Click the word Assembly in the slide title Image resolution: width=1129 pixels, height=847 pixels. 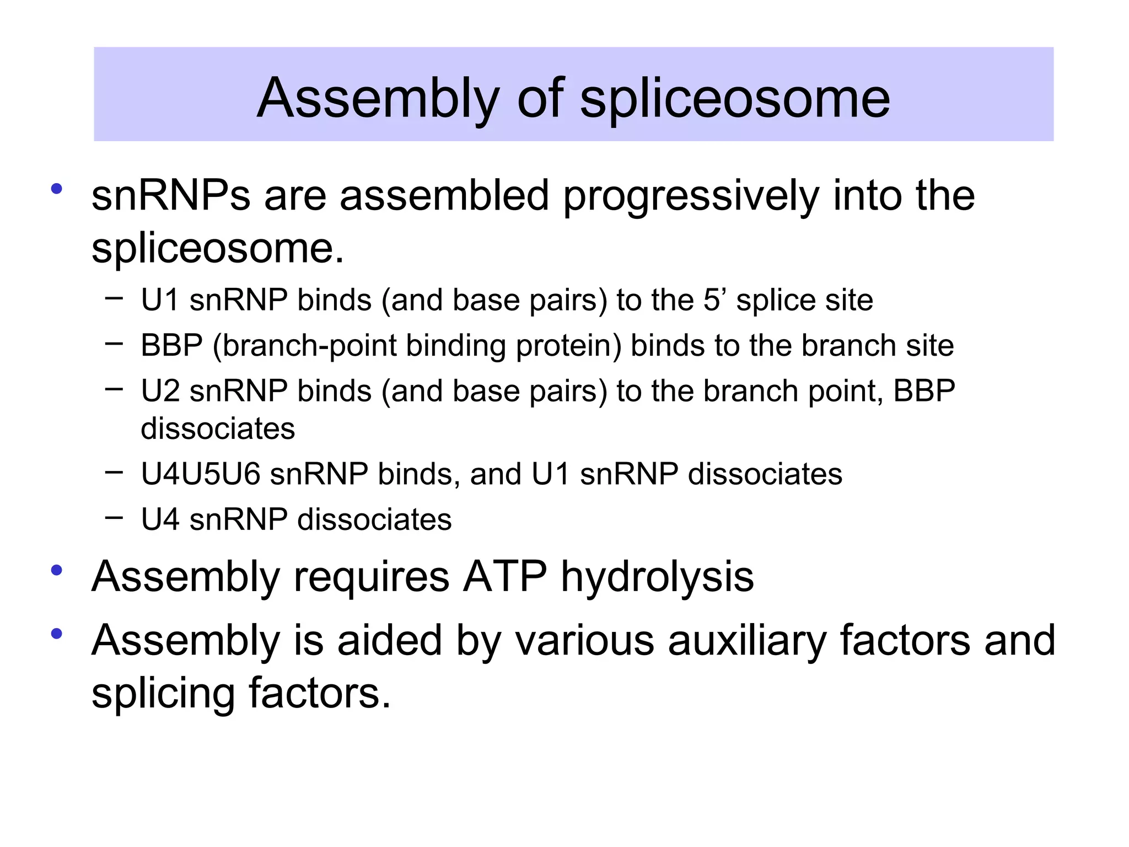tap(378, 99)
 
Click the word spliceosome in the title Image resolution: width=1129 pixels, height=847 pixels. tap(735, 99)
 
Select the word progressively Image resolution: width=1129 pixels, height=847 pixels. tap(691, 197)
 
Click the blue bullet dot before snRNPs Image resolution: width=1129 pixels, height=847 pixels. tap(56, 189)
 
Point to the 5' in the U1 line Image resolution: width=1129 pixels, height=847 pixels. tap(715, 301)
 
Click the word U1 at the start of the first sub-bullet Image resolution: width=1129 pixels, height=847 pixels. tap(159, 301)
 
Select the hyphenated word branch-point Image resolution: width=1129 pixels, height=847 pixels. tap(304, 346)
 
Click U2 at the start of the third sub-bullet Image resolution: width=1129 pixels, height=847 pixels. tap(160, 391)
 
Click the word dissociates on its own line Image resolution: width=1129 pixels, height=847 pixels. tap(218, 429)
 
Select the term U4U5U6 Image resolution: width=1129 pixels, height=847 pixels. tap(200, 474)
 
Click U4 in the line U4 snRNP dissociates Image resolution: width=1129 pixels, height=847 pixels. tap(160, 519)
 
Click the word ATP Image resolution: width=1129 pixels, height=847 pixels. tap(505, 577)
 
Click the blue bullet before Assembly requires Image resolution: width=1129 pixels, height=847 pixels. tap(56, 570)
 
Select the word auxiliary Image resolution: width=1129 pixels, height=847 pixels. tap(748, 641)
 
